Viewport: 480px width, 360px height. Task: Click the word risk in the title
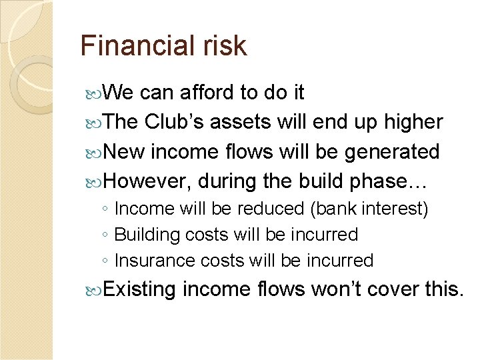224,46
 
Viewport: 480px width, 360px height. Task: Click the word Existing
140,289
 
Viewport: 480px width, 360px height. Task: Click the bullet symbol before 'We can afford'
95,93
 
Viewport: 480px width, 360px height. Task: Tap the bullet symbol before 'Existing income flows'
95,290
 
